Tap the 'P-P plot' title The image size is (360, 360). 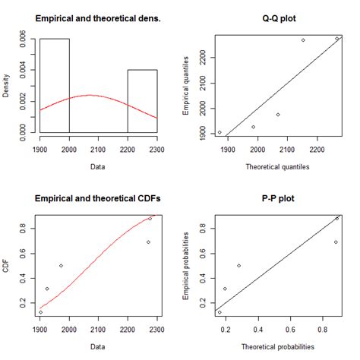[x=277, y=198]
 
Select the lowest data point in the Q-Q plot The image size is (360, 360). [x=219, y=132]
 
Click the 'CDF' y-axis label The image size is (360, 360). [x=8, y=266]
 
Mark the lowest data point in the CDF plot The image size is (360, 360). [x=40, y=312]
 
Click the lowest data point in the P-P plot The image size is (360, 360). [x=219, y=312]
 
